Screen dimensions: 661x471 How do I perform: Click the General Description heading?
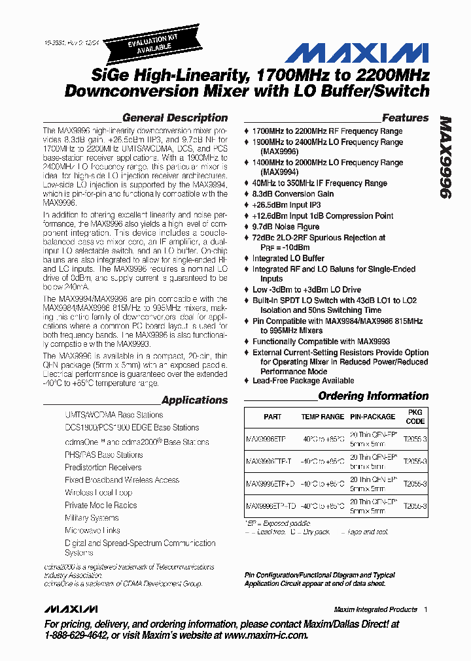(175, 118)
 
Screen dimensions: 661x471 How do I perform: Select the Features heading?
(405, 118)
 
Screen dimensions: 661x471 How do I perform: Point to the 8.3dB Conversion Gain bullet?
(293, 194)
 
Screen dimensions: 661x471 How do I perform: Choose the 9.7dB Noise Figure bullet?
(286, 227)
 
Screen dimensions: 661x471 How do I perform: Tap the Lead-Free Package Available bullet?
(303, 381)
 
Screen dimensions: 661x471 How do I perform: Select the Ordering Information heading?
(373, 396)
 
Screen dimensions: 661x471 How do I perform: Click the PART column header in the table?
(272, 417)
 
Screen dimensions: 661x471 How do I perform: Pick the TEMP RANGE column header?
(322, 417)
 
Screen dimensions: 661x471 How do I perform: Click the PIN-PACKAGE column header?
(372, 417)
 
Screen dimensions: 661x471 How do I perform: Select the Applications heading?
(194, 400)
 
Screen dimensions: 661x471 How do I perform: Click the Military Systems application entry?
(92, 518)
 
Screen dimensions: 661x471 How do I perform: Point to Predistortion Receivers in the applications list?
(103, 468)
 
